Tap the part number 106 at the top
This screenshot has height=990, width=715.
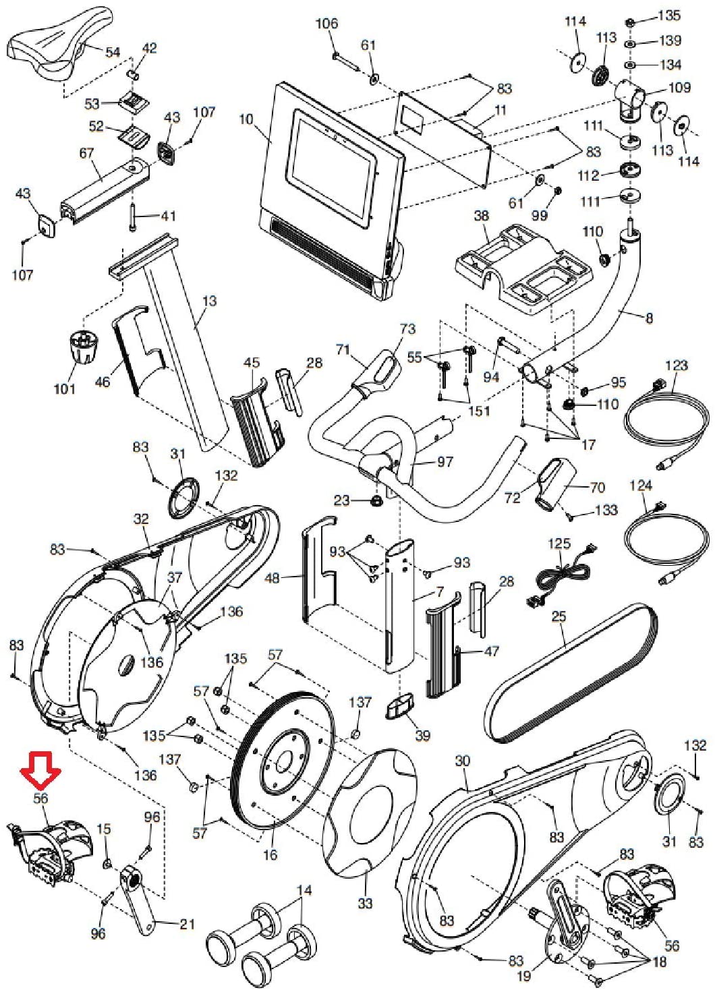(326, 24)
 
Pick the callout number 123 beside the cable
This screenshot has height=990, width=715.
(676, 366)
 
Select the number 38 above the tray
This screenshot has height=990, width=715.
(481, 216)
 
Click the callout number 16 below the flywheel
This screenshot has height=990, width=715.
(270, 854)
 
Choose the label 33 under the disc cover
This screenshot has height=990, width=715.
(365, 903)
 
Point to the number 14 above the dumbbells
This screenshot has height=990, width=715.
(304, 891)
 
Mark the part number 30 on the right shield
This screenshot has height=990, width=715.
(462, 761)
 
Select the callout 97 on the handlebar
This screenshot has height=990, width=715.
(445, 462)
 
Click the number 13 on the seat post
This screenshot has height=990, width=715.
(210, 300)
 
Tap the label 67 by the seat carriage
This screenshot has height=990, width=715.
(86, 153)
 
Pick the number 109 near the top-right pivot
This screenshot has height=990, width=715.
(679, 87)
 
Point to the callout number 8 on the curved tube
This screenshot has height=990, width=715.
(649, 318)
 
